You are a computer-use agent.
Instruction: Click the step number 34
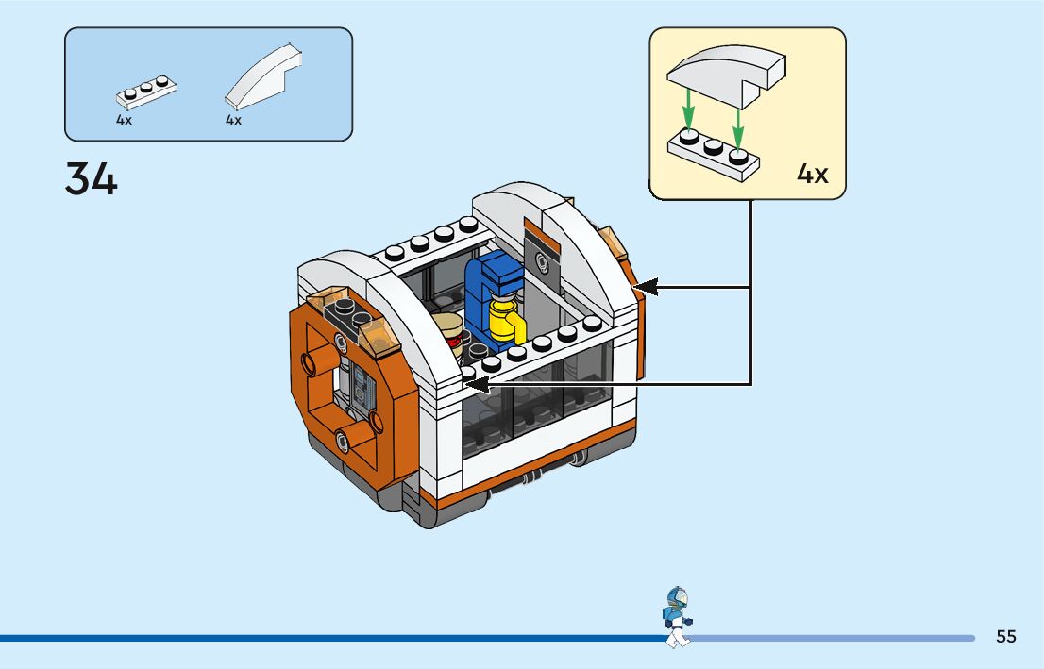92,179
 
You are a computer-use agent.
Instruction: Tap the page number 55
1006,636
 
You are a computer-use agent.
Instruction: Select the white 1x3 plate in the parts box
147,92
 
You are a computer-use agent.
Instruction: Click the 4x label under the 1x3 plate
125,120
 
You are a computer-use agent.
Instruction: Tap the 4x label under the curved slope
233,120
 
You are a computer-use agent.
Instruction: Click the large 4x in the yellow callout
812,174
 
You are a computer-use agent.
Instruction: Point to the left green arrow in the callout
689,109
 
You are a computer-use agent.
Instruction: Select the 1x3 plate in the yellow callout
714,154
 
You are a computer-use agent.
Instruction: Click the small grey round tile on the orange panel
543,261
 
